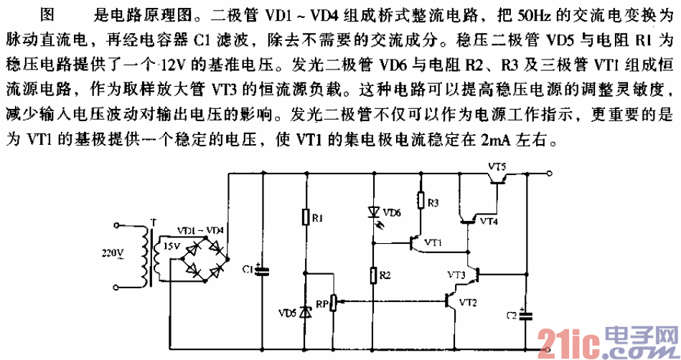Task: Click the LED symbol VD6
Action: [x=373, y=212]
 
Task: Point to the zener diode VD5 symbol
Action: [x=306, y=312]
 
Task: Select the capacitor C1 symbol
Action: [x=261, y=270]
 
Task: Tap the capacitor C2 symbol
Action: [x=527, y=316]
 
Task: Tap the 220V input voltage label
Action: [x=112, y=253]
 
